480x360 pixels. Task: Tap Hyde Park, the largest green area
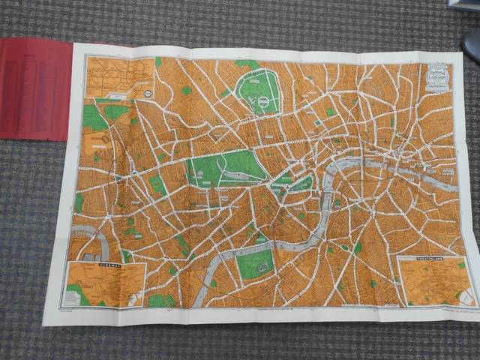pos(225,169)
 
